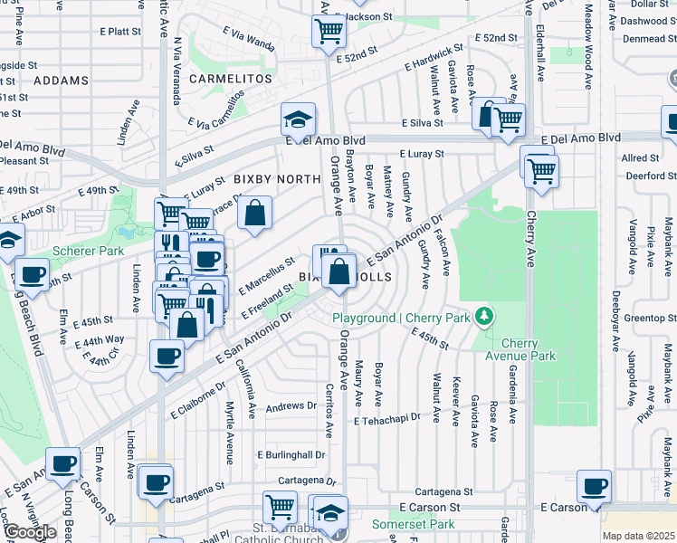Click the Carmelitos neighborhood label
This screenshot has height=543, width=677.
[231, 80]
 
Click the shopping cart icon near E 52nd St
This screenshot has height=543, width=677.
[329, 32]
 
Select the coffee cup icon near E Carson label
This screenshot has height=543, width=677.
[595, 488]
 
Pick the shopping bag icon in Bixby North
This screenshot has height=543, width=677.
[256, 214]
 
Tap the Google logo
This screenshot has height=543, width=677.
[29, 531]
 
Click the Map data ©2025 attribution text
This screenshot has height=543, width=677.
[639, 536]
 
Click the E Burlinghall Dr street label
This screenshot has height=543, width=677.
[291, 454]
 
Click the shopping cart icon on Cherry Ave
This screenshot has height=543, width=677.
[541, 168]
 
